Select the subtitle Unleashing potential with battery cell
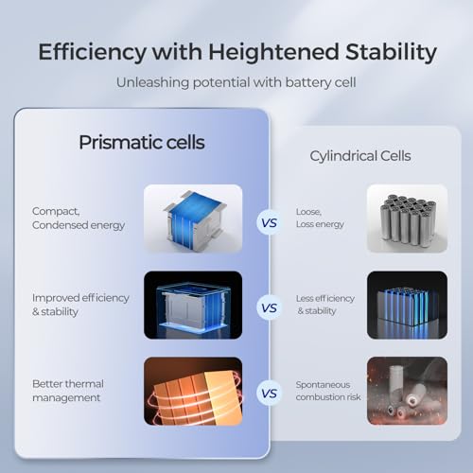click(x=236, y=82)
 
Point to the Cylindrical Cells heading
click(x=360, y=156)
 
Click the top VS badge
click(x=269, y=223)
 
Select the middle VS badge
click(x=269, y=307)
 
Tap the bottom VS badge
click(x=269, y=392)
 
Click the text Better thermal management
click(x=68, y=390)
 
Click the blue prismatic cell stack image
click(x=193, y=219)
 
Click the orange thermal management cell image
click(x=193, y=391)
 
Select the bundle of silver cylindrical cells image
click(x=407, y=219)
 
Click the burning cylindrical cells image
click(x=407, y=391)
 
